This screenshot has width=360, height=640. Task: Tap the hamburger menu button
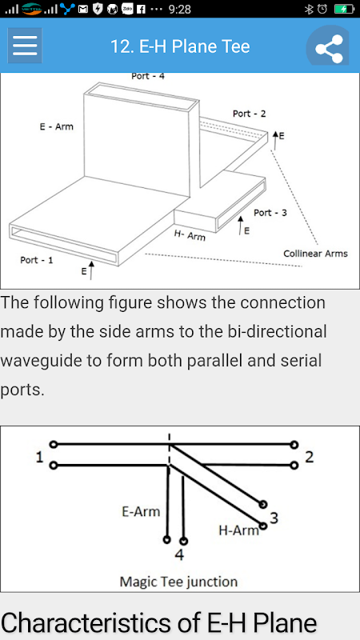click(25, 46)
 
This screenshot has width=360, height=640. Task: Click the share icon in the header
click(329, 48)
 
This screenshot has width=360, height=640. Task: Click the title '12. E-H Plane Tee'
click(180, 46)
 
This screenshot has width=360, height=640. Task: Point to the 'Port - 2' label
click(249, 114)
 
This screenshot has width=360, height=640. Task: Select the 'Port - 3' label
click(270, 213)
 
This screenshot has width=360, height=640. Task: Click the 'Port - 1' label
click(37, 260)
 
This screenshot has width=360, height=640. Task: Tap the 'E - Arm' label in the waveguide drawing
click(56, 126)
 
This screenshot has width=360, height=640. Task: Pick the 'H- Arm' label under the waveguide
click(190, 234)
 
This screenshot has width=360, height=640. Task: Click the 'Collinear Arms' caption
click(315, 254)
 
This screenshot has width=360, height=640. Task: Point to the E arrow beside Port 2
click(276, 141)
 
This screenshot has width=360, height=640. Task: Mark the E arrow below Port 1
click(91, 270)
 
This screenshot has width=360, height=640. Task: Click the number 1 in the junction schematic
click(39, 458)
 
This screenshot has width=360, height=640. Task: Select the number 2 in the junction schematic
click(310, 457)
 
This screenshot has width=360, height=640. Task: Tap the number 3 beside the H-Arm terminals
click(274, 518)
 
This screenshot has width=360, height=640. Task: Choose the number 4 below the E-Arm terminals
click(179, 555)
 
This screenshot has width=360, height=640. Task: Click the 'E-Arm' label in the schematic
click(141, 511)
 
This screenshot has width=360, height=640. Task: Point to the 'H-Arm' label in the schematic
click(238, 530)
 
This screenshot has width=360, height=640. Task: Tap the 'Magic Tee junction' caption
click(178, 582)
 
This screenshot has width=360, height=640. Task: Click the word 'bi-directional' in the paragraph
click(278, 331)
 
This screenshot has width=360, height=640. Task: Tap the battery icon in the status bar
click(344, 9)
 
